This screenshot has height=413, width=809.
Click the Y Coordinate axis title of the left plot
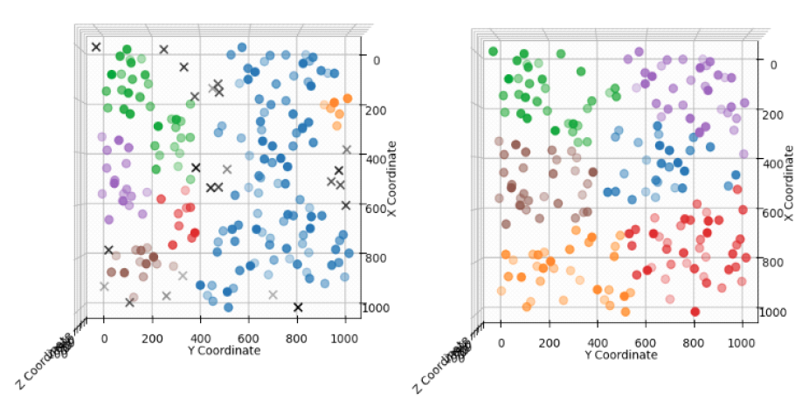224,350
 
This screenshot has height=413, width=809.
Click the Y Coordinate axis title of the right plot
620,355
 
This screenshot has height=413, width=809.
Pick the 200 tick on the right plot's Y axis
550,341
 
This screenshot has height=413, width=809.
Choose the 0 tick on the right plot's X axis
771,65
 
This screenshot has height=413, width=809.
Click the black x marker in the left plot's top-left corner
96,47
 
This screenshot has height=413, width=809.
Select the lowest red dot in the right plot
695,312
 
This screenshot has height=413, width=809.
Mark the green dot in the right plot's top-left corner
494,52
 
